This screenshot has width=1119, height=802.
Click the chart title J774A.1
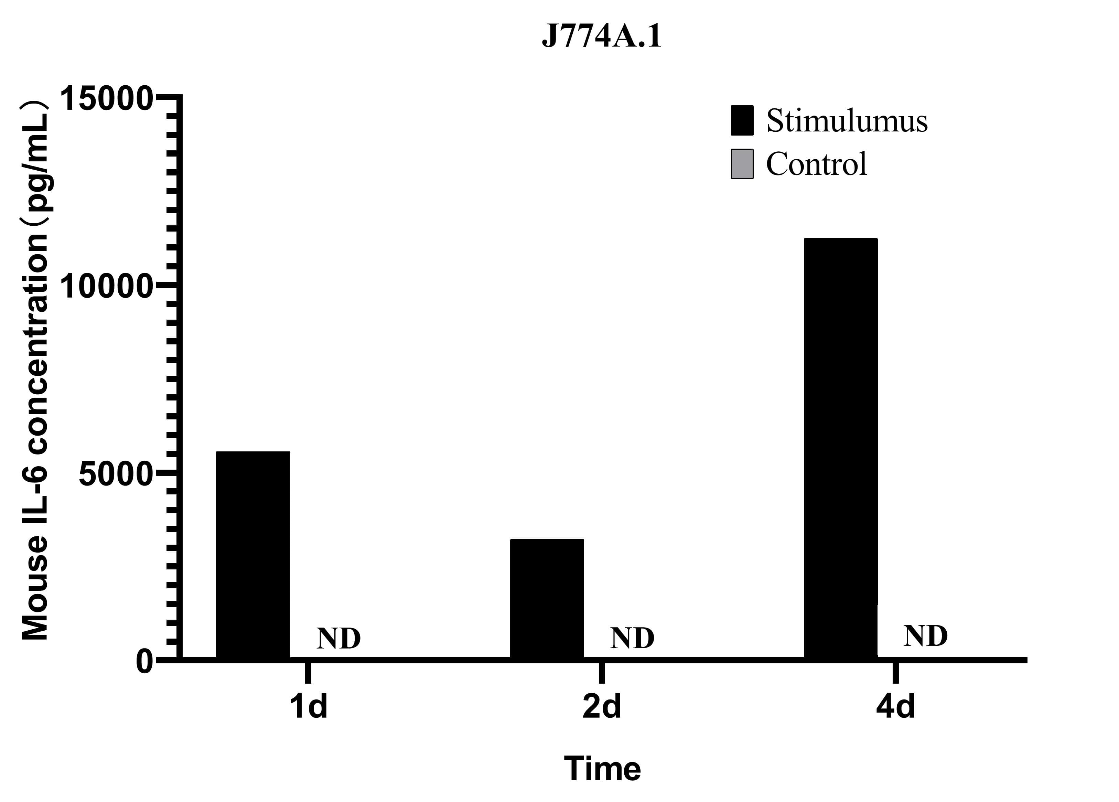click(x=601, y=36)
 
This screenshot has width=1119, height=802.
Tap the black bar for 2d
click(x=547, y=598)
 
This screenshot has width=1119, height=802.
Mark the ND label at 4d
click(x=926, y=636)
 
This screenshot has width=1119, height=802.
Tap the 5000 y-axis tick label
click(x=115, y=474)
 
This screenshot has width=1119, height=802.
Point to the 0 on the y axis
click(x=144, y=662)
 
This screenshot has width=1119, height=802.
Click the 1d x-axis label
click(x=308, y=707)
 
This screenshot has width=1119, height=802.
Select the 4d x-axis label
click(x=895, y=707)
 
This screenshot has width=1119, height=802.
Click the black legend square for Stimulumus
click(x=742, y=120)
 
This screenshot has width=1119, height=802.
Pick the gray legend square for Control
click(x=742, y=164)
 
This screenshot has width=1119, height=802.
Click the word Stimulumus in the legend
click(x=847, y=120)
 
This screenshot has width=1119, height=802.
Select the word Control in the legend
click(x=816, y=164)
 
